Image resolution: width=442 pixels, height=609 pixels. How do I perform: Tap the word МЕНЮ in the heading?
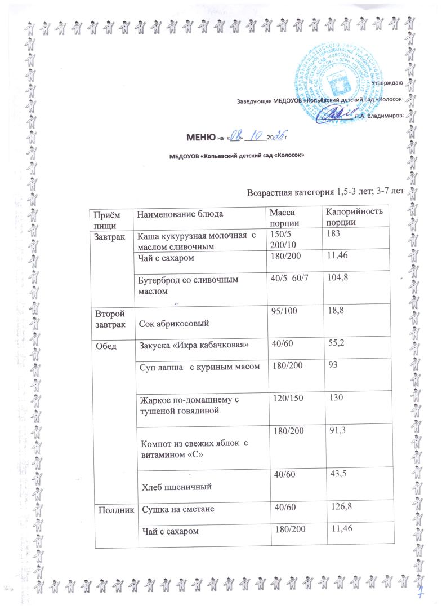pos(201,137)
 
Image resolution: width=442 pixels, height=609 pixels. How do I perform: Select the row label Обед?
pos(105,345)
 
